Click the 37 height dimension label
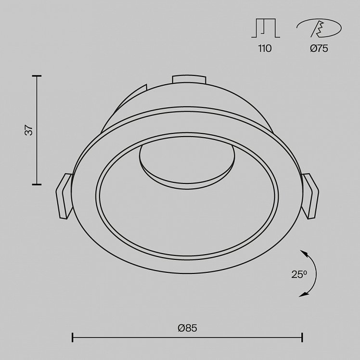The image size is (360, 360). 29,130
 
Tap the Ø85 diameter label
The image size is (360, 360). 187,328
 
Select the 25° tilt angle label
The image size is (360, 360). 299,274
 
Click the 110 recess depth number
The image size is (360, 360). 265,49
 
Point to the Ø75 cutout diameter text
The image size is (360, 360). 319,49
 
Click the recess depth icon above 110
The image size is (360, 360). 266,28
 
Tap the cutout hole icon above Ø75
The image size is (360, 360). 319,28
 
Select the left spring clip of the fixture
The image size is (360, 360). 64,196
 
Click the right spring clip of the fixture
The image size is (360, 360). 310,196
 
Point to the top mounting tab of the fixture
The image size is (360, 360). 189,79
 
